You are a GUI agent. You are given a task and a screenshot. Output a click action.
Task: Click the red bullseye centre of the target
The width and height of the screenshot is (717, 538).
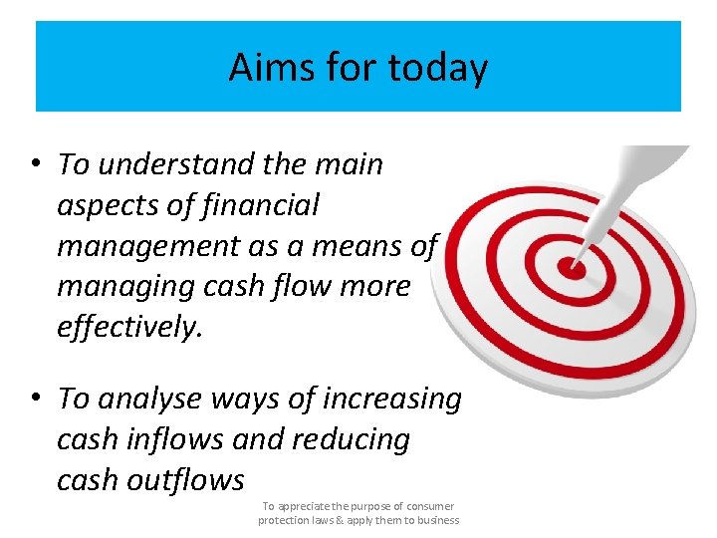click(572, 267)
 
